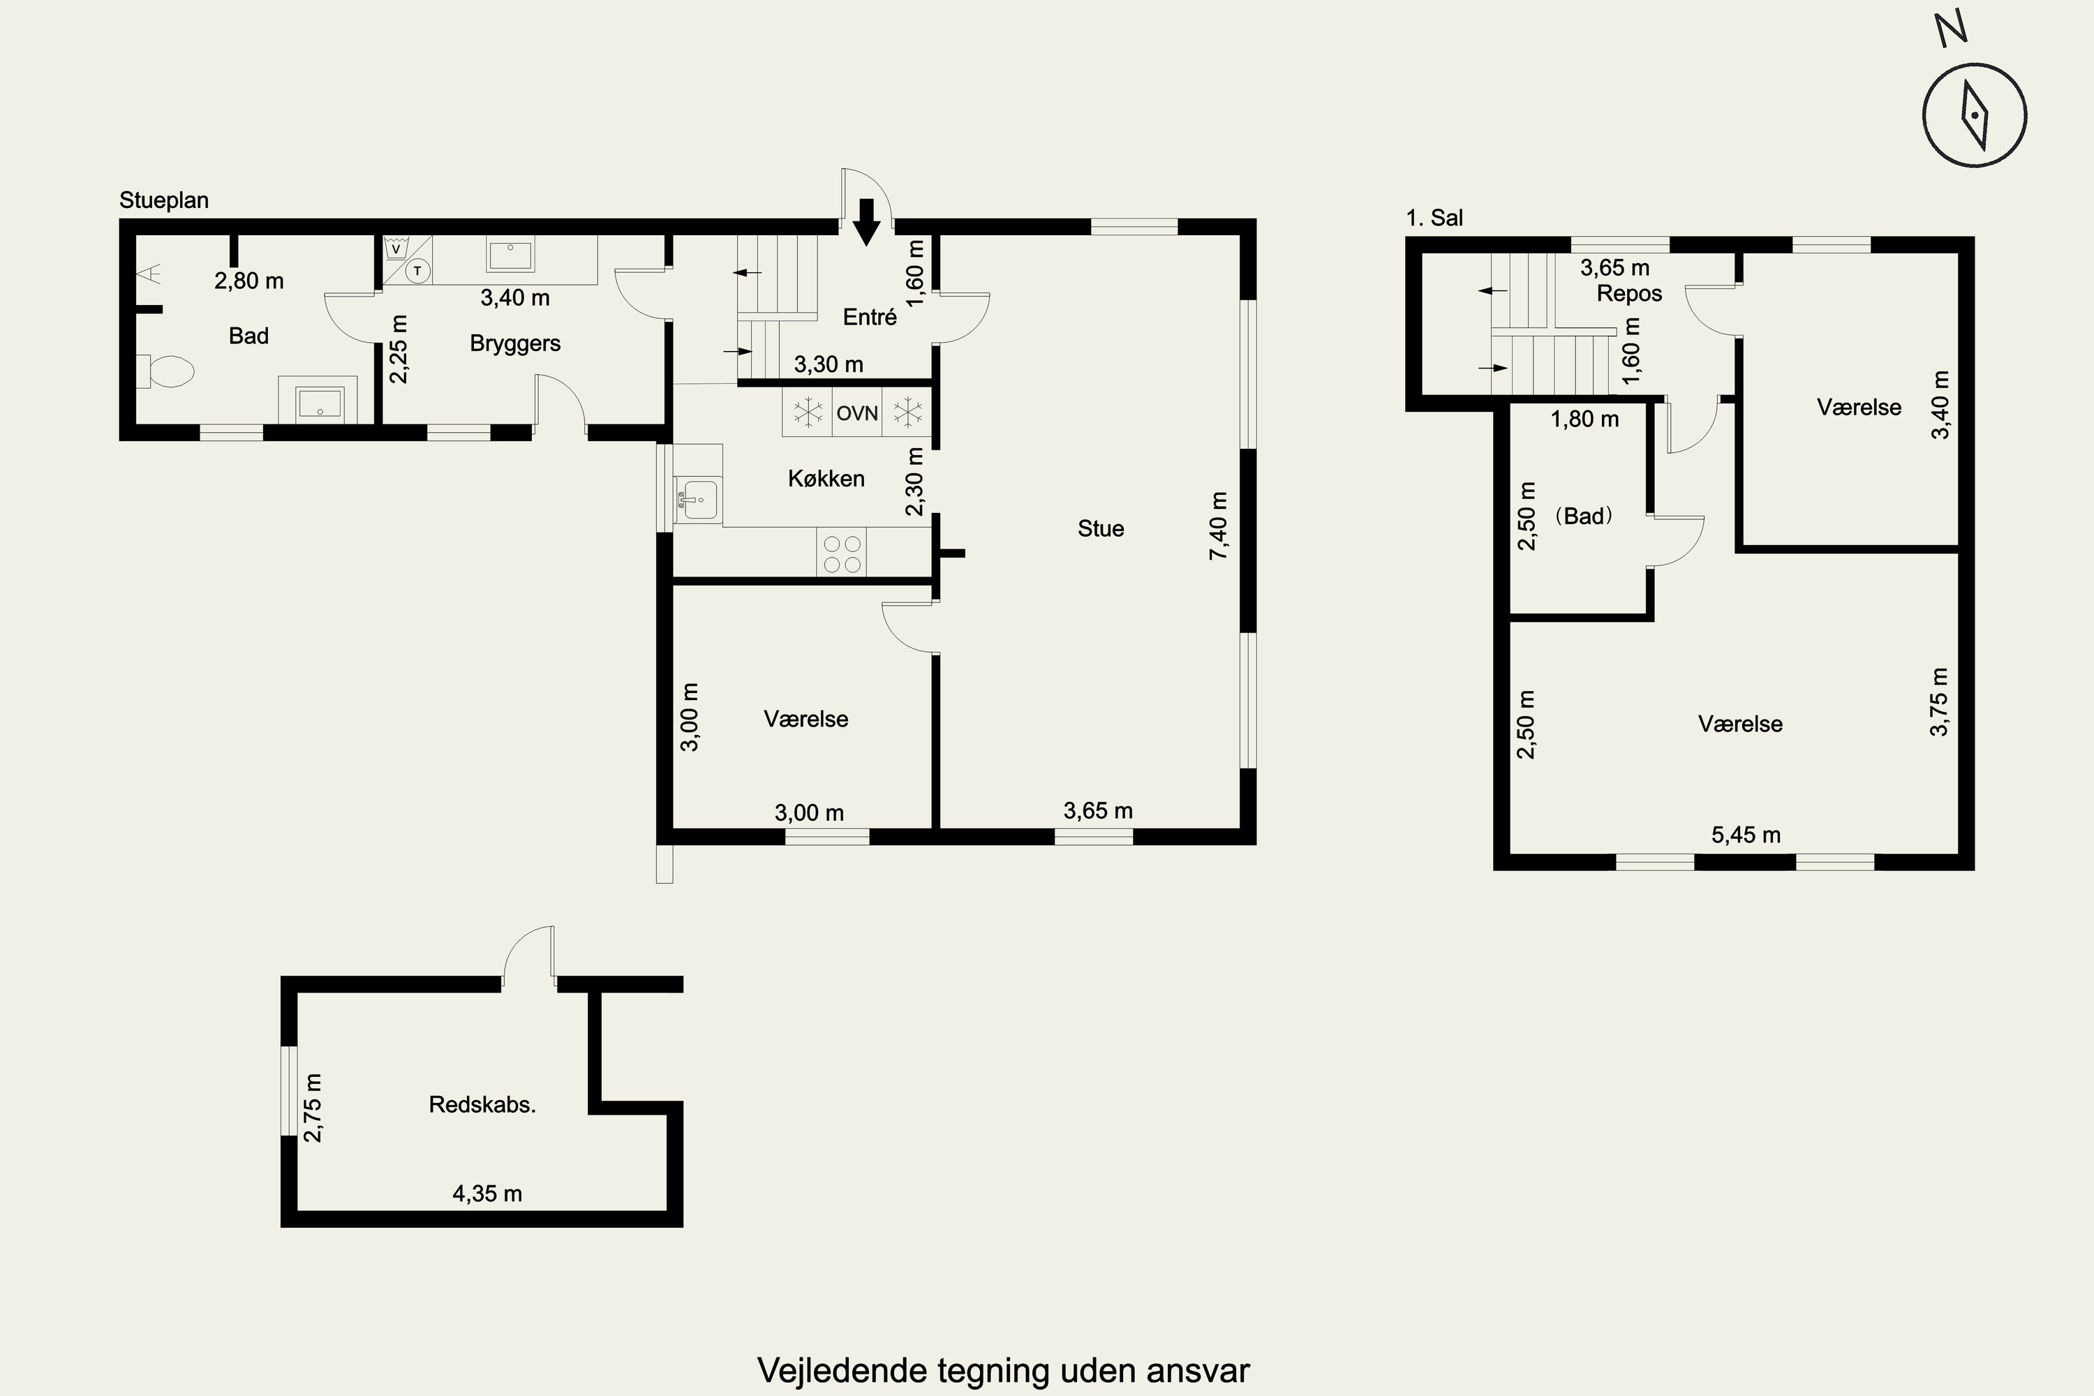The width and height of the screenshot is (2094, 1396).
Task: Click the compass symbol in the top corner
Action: [1975, 115]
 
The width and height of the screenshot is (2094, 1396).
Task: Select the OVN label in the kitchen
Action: [857, 413]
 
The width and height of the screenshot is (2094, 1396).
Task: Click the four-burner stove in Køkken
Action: [841, 553]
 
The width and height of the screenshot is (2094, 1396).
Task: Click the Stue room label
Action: [1101, 529]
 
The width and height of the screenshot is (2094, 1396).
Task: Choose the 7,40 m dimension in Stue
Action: [1218, 526]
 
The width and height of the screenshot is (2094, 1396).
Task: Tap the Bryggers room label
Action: [516, 343]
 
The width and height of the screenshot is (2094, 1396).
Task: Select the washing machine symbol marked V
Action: [396, 248]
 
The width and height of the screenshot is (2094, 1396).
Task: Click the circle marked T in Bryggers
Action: [417, 269]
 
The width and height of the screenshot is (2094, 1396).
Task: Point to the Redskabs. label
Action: [482, 1105]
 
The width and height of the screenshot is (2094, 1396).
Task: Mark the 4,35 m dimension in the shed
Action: [487, 1194]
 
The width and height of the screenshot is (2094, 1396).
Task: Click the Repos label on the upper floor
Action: [1629, 294]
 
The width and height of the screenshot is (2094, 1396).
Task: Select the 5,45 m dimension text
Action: [1746, 835]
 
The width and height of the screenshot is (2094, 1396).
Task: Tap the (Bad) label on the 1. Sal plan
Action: [1584, 517]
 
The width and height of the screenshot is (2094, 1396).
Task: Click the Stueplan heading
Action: [164, 200]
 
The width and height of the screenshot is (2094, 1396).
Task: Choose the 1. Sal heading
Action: [1434, 218]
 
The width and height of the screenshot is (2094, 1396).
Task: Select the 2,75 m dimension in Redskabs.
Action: [313, 1108]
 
